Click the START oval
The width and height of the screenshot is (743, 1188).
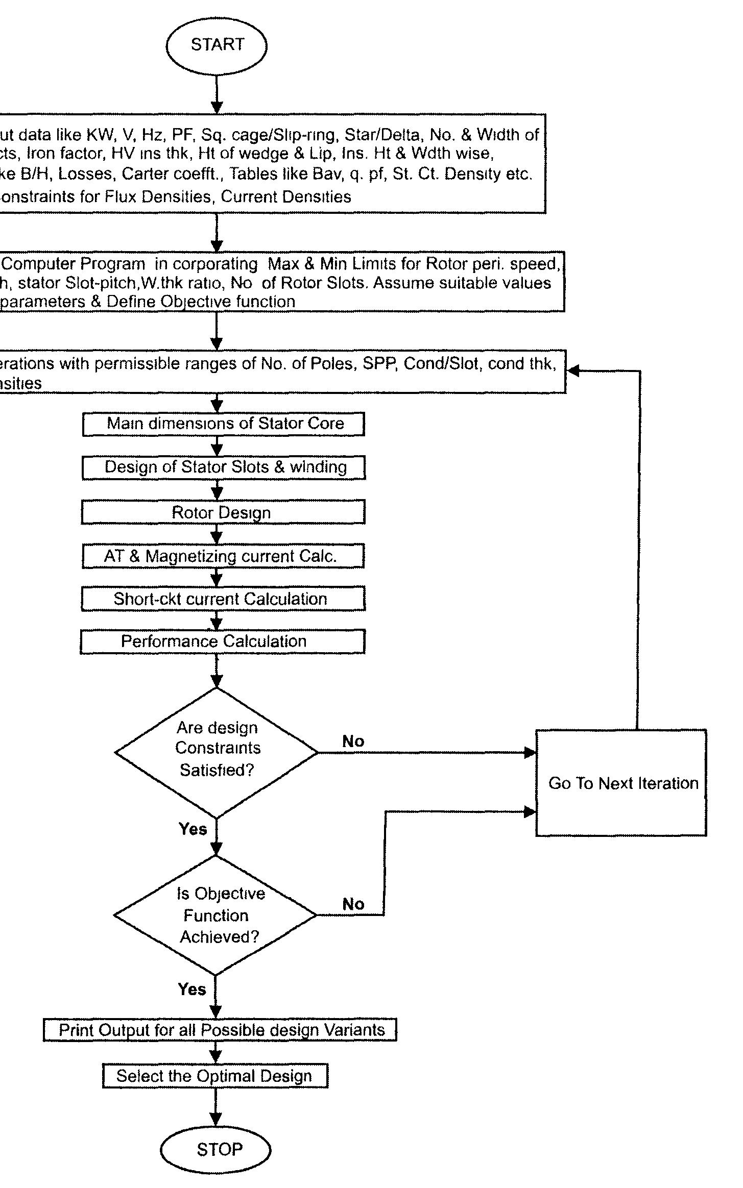pos(217,45)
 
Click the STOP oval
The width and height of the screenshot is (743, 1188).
pos(215,1149)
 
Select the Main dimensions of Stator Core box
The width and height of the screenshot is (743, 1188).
pos(224,424)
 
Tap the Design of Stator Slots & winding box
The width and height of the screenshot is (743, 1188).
pos(224,467)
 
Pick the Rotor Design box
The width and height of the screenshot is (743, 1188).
pos(223,512)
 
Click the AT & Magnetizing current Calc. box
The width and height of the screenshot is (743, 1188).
pos(223,556)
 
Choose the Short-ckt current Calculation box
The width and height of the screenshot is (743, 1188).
pos(223,599)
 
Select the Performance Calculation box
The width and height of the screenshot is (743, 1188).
pos(223,641)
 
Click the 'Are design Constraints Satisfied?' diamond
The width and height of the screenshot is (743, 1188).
pos(217,752)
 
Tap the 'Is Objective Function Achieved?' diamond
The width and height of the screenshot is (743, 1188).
pos(215,915)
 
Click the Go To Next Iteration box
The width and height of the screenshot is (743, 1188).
pos(621,783)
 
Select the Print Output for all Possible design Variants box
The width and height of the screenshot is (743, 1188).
pos(220,1029)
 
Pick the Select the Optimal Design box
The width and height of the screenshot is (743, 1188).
pos(215,1076)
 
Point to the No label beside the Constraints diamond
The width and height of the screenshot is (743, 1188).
pos(353,741)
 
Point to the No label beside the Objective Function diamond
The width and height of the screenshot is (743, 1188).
pos(353,904)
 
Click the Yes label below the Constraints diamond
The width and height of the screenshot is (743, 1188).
pos(193,829)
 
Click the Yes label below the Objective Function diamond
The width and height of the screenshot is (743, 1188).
pos(192,989)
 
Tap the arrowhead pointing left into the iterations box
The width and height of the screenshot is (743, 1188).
pos(573,371)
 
